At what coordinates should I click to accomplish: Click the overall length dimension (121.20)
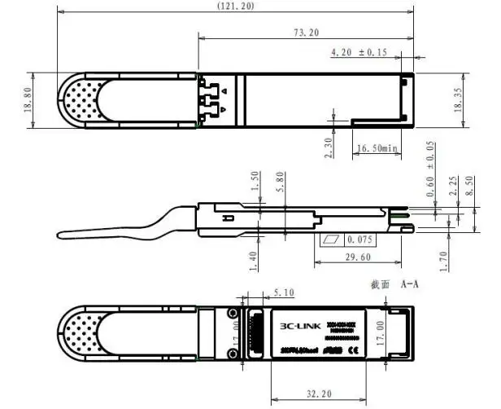[236, 6]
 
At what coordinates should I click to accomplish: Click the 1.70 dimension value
[445, 258]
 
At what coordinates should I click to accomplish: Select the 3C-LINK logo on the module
[295, 327]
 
